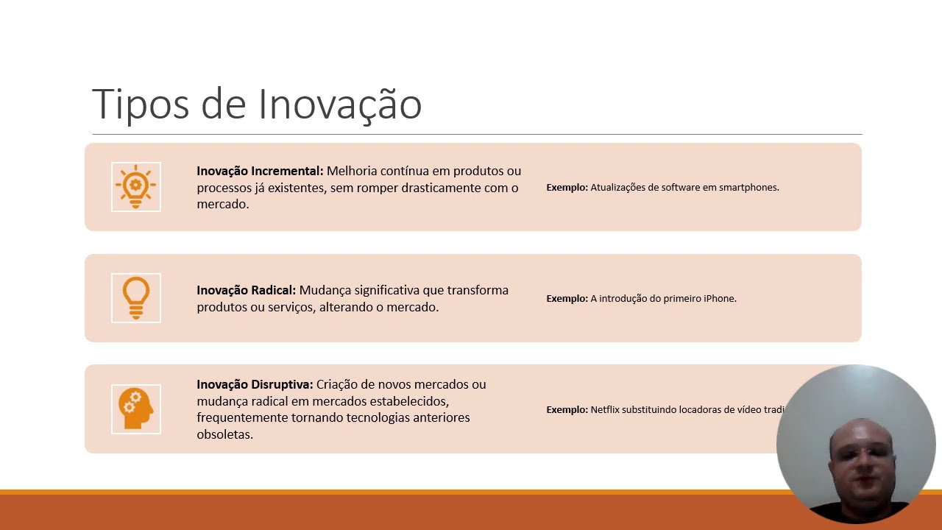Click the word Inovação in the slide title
[x=339, y=104]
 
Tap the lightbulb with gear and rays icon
[x=136, y=186]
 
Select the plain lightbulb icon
[x=136, y=297]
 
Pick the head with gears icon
[x=136, y=409]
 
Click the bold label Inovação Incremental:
[x=260, y=171]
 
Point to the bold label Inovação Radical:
[x=246, y=290]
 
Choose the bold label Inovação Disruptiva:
[x=255, y=384]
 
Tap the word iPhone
[x=720, y=299]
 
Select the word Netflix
[x=604, y=410]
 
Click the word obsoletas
[x=224, y=434]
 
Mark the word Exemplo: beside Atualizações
[x=567, y=188]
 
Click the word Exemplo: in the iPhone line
[x=567, y=299]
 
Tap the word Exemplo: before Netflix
[x=567, y=410]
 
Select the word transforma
[x=478, y=290]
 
